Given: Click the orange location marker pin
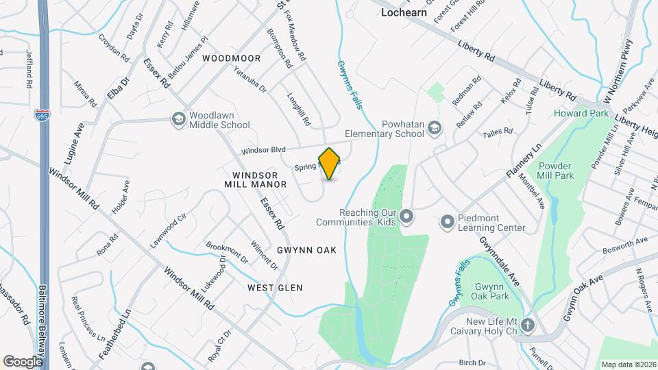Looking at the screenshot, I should click(330, 163).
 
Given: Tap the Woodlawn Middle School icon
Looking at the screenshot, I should click(178, 120).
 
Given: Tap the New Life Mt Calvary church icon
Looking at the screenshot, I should click(528, 325).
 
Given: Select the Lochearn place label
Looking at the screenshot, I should click(404, 12).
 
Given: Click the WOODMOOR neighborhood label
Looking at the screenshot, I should click(232, 59).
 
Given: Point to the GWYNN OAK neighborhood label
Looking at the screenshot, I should click(306, 250).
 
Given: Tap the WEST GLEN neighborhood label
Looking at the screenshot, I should click(275, 288).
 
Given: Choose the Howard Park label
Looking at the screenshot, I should click(581, 113).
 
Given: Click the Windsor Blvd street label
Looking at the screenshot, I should click(263, 150).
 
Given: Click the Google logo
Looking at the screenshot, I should click(23, 362).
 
